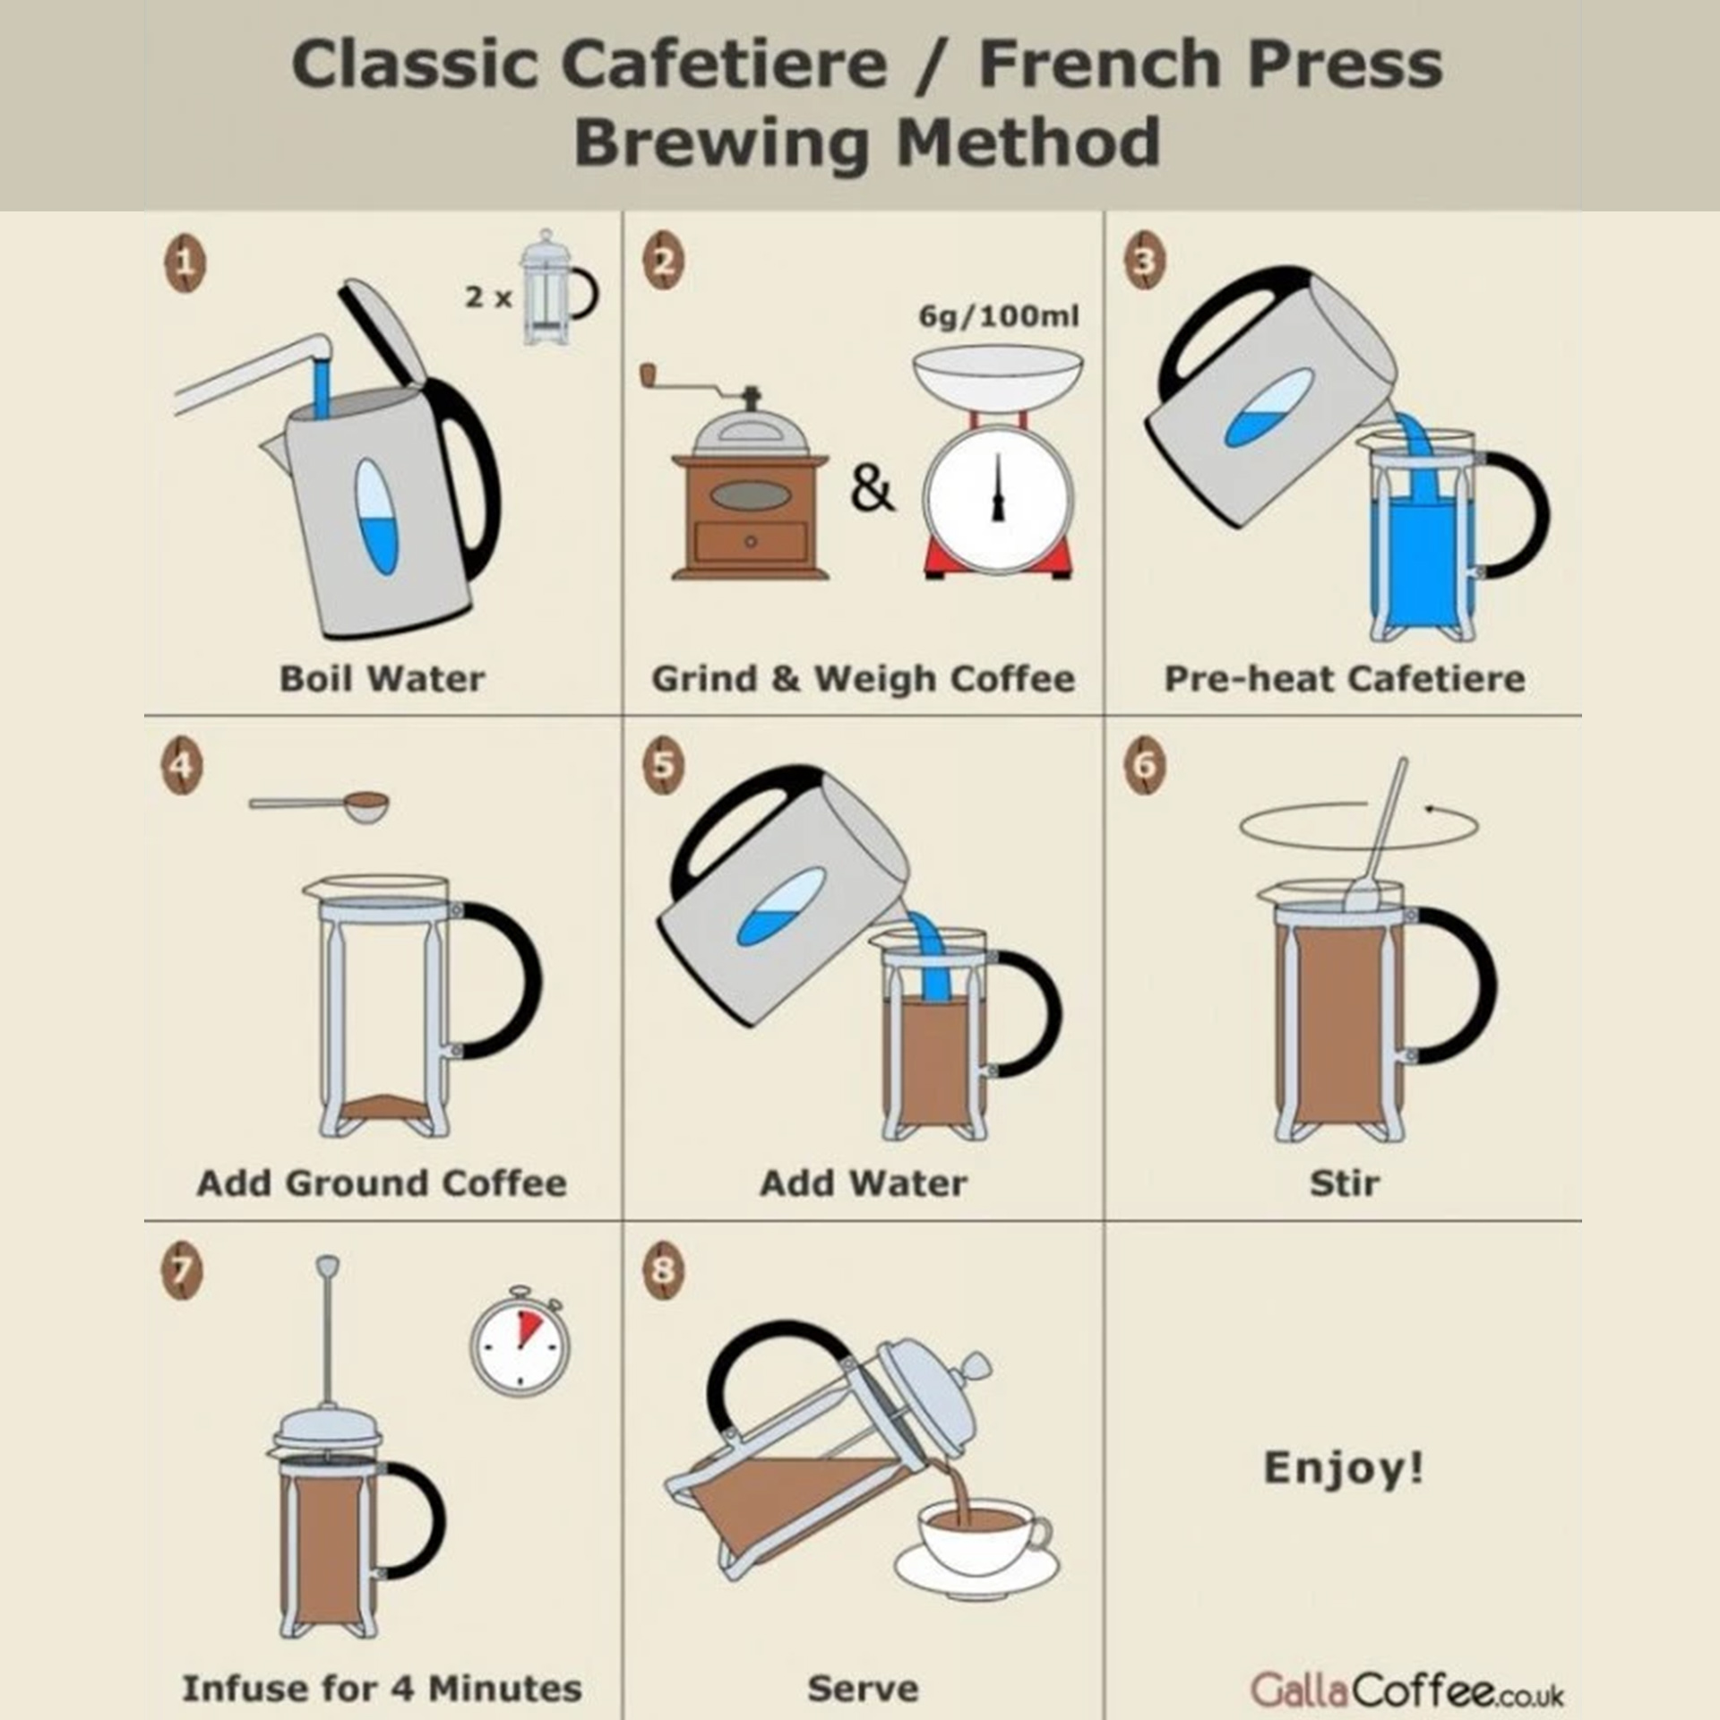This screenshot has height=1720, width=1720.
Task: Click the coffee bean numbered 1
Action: (x=184, y=264)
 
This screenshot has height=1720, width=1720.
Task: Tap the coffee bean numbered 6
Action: (x=1145, y=766)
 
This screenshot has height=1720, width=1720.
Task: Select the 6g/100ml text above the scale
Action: (x=999, y=316)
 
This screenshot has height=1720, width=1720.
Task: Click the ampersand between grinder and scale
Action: (x=872, y=490)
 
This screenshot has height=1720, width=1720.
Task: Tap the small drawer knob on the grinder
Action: (x=751, y=541)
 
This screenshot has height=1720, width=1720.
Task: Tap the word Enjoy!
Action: (x=1343, y=1468)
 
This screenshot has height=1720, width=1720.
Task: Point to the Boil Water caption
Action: (x=383, y=678)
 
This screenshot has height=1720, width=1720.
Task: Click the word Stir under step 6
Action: (x=1344, y=1183)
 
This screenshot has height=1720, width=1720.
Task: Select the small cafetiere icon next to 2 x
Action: (x=555, y=288)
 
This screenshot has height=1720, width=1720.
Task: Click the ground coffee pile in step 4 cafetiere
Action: (x=383, y=1108)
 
